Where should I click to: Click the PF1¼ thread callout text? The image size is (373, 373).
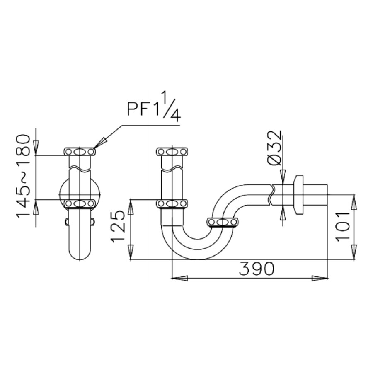[x=153, y=109]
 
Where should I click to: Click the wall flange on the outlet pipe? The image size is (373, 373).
[x=298, y=195]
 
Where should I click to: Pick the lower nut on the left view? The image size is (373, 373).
[x=80, y=203]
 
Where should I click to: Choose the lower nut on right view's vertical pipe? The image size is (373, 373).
[x=172, y=203]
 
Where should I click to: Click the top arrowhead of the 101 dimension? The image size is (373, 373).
[x=354, y=202]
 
